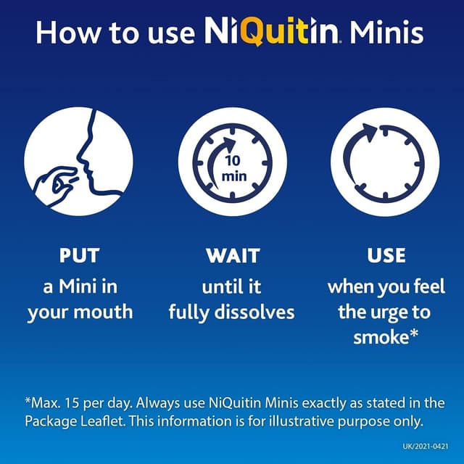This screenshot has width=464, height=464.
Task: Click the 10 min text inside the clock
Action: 236,169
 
